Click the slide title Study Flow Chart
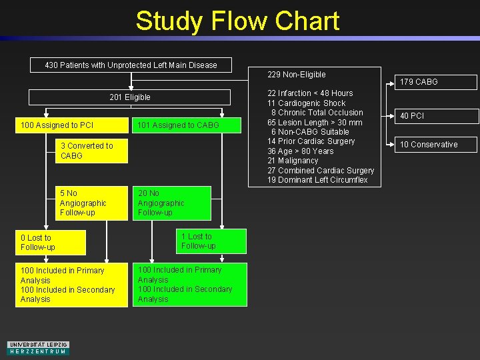tap(237, 21)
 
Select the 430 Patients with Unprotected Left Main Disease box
tap(131, 65)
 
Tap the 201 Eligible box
tap(130, 97)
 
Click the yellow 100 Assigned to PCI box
tap(71, 125)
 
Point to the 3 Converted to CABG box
tap(92, 151)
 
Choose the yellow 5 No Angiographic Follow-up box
tap(92, 203)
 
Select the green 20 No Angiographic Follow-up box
tap(173, 203)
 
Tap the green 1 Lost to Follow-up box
tap(212, 241)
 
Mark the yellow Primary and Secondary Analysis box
tap(71, 285)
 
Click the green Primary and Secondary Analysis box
tap(190, 285)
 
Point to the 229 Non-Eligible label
tap(297, 75)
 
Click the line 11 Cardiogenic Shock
tap(307, 103)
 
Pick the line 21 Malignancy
tap(293, 161)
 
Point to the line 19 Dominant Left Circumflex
tap(317, 180)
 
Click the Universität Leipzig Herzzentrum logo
tap(38, 348)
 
